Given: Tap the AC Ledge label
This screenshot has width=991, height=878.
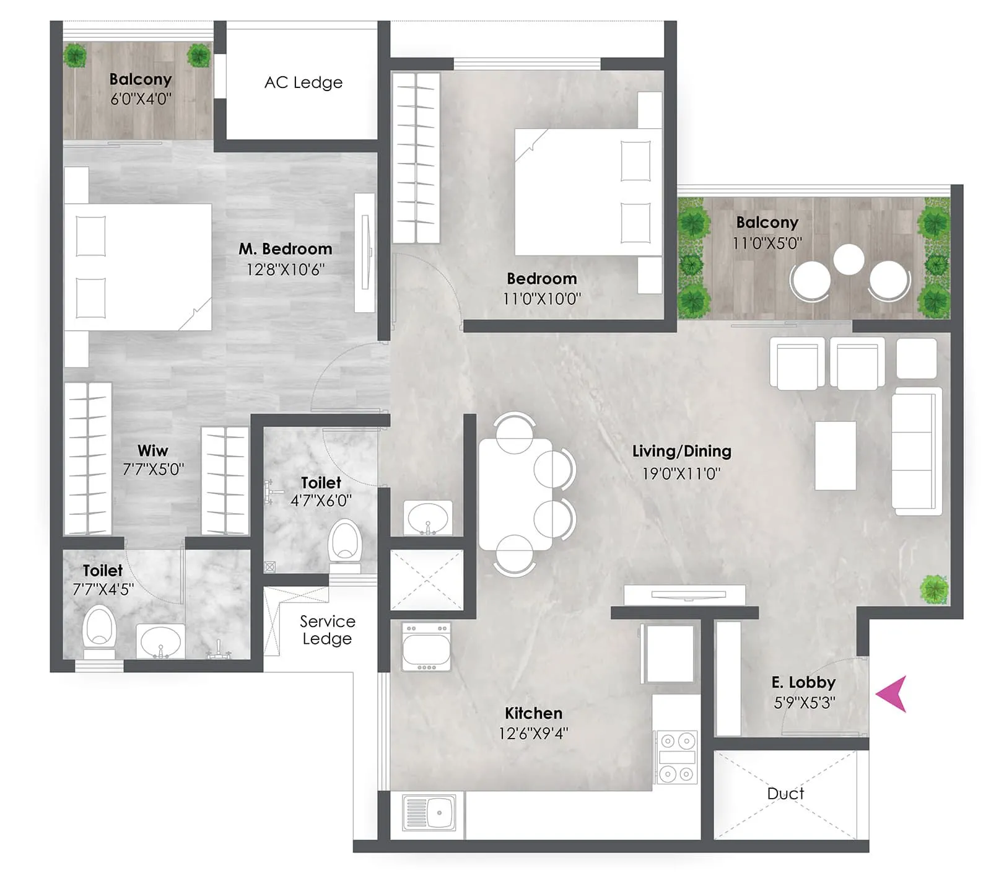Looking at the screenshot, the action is [x=303, y=82].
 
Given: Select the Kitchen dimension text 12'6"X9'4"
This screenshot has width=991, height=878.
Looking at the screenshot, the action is [x=533, y=734].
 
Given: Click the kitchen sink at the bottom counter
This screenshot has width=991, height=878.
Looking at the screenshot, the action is [x=429, y=812].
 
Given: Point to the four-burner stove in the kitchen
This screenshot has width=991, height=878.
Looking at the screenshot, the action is [x=676, y=757].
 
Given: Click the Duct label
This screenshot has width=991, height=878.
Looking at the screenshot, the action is [x=785, y=794].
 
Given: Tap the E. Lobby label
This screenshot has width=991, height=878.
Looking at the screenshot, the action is [x=803, y=683].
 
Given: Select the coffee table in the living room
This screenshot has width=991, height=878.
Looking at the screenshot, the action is [x=835, y=455].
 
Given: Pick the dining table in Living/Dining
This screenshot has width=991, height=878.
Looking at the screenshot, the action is [x=515, y=494].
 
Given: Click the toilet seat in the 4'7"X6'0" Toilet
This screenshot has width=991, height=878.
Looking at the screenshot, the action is [x=344, y=543].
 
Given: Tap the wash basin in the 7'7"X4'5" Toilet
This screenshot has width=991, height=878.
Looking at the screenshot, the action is [x=160, y=641].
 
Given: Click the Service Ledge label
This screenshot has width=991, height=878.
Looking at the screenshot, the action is [x=327, y=630].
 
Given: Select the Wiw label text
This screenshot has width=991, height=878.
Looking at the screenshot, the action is [x=152, y=450].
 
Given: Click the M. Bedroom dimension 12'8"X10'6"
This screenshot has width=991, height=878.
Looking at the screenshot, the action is [x=285, y=270].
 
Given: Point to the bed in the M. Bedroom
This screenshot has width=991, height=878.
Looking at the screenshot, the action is [x=138, y=267].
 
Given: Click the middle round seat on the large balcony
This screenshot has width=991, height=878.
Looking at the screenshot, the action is [x=848, y=259].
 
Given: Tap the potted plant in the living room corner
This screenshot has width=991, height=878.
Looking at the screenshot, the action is [x=933, y=589].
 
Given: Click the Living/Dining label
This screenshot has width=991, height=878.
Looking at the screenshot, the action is [x=681, y=451].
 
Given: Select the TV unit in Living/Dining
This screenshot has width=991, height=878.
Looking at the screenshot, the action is [x=684, y=595].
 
